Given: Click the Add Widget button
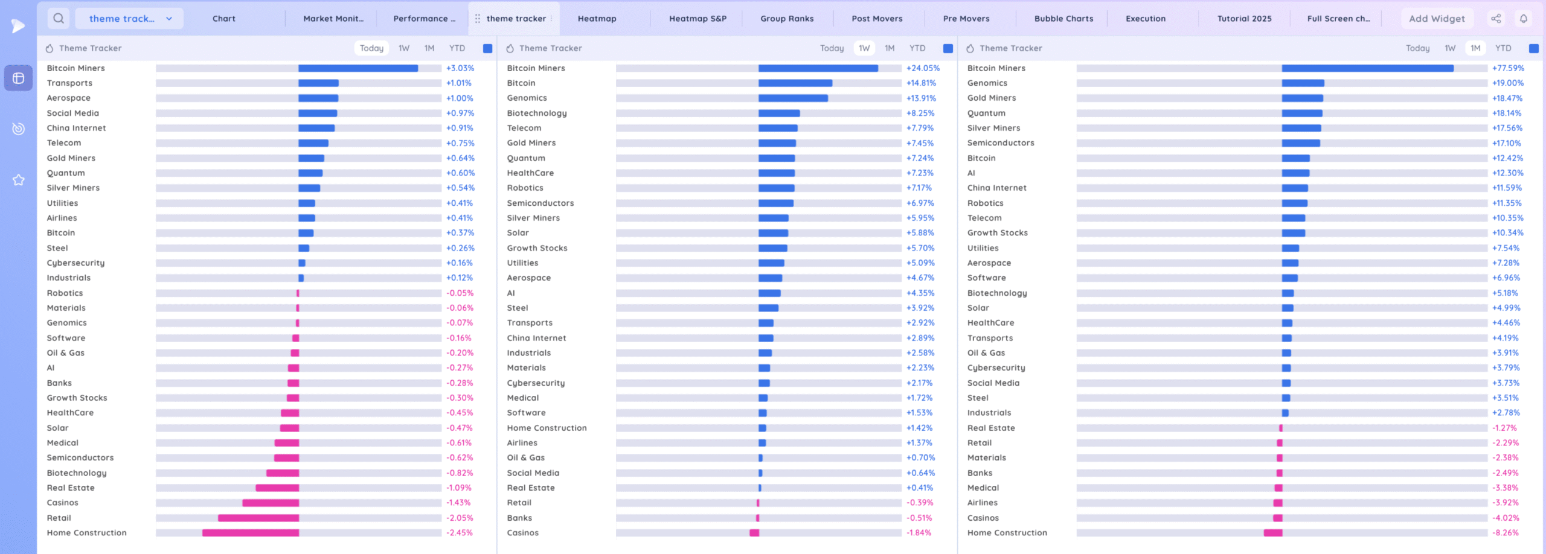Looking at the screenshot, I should [1437, 19].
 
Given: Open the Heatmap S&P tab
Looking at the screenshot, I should [698, 19].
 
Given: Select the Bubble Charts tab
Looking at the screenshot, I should [1063, 19].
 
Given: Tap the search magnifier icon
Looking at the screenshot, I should [59, 19].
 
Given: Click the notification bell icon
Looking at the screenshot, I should [1524, 19].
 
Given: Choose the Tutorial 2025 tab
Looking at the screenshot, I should [1244, 19].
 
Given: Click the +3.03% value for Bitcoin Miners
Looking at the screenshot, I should [460, 68].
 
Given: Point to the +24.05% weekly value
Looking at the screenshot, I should [923, 68].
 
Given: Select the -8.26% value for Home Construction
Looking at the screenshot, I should [1505, 533].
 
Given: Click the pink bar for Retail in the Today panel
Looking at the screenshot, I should [258, 518].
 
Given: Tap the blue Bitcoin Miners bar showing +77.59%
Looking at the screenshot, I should [1367, 68].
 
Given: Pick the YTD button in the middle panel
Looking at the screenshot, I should [917, 48].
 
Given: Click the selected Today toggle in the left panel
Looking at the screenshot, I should [371, 48].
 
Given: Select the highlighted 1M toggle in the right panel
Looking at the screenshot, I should [1475, 48].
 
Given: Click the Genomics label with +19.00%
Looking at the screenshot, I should [987, 83].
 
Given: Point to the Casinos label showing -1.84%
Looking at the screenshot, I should [522, 533].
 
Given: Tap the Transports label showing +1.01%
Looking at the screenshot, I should [69, 83].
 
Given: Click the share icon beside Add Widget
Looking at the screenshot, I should [1496, 19].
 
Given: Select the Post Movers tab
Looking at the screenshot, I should [877, 19].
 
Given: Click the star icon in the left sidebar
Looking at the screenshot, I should [19, 180].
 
